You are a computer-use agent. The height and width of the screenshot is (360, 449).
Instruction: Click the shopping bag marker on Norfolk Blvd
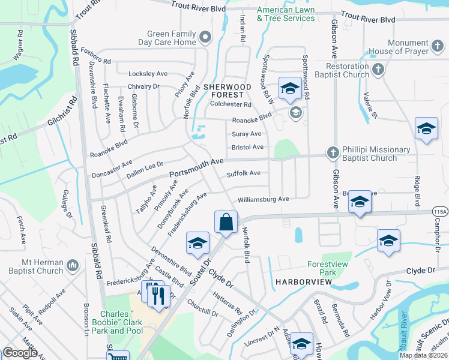click(x=225, y=222)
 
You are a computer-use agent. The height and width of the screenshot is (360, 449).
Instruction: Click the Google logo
click(x=20, y=353)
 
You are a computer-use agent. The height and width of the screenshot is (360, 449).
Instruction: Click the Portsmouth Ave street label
click(x=196, y=167)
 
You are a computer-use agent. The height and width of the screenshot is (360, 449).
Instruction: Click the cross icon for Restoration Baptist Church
click(x=378, y=70)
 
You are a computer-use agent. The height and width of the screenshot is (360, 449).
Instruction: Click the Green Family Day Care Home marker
click(x=206, y=38)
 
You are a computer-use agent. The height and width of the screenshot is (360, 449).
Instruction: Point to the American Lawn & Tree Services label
click(x=286, y=14)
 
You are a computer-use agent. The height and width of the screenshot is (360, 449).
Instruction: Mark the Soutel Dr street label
click(x=202, y=262)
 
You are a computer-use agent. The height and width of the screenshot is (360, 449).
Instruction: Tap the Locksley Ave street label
click(x=148, y=74)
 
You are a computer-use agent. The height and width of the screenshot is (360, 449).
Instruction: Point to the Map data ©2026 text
click(x=423, y=355)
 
